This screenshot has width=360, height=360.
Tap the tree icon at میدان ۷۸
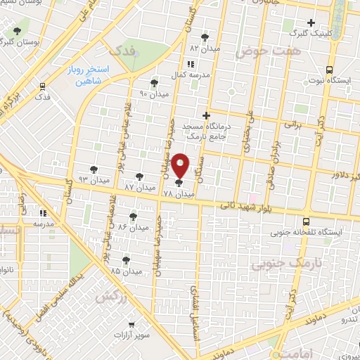coord(178,183)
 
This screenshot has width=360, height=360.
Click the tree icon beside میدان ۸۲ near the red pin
coord(139,176)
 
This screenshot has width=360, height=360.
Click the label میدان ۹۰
coord(153,94)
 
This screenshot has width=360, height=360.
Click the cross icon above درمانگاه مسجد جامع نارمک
coord(206,115)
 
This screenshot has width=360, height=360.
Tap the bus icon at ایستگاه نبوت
coord(329,70)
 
